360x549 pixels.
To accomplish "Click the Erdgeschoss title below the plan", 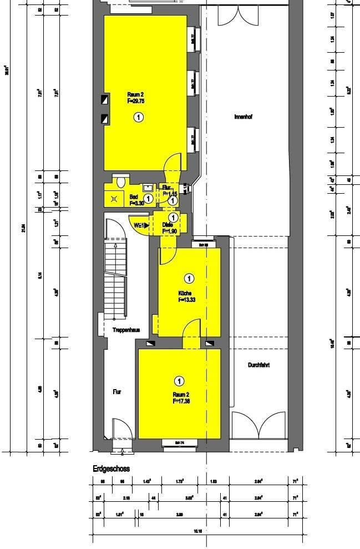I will (x=111, y=469).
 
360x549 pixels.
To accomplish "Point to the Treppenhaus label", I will (x=126, y=329).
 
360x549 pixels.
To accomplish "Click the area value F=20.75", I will (x=136, y=102).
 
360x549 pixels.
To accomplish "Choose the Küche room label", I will (x=185, y=293).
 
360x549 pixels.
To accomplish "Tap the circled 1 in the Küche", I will (x=189, y=278).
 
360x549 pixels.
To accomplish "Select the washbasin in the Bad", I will (x=147, y=187).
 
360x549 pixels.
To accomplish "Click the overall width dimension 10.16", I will (x=198, y=531).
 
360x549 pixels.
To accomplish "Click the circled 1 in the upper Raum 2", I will (x=138, y=117).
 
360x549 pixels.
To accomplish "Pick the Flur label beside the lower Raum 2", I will (x=117, y=391).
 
